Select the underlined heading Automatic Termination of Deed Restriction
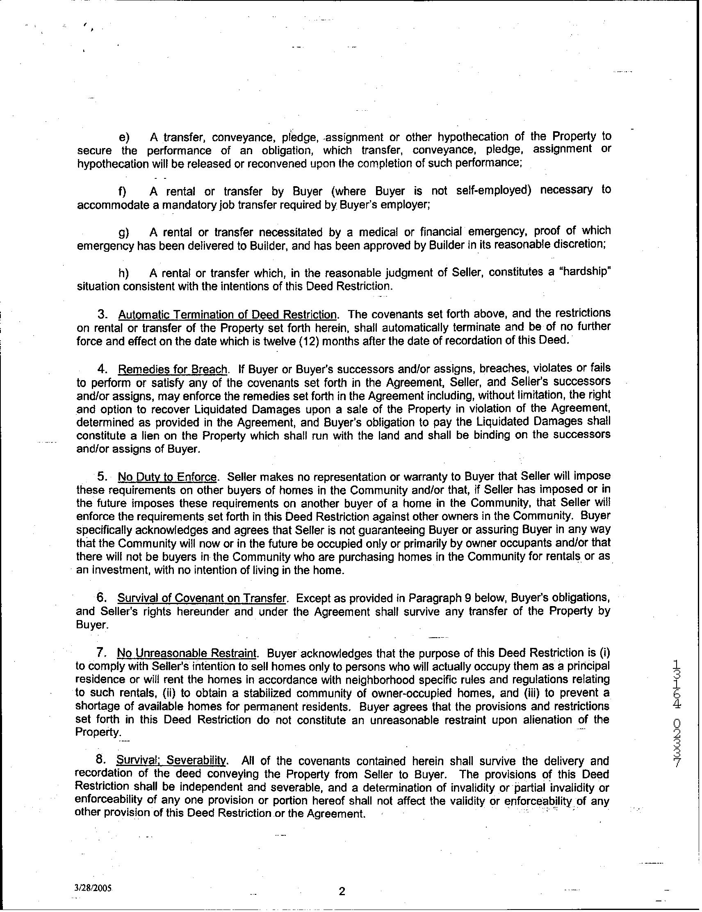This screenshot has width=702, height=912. point(227,314)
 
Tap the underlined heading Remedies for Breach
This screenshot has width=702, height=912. point(173,369)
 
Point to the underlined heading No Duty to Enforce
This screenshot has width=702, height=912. point(167,477)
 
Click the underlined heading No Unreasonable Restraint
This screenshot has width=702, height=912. point(186,653)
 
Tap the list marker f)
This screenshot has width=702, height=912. point(123,192)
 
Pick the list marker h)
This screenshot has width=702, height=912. point(123,274)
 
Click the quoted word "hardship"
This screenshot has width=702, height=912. point(588,272)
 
